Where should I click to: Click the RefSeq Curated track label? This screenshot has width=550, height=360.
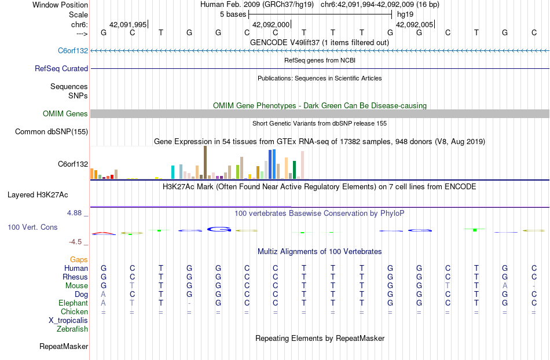pyautogui.click(x=61, y=68)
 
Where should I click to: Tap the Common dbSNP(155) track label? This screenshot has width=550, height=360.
pyautogui.click(x=52, y=132)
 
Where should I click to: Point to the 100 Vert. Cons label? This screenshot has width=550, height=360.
pyautogui.click(x=32, y=227)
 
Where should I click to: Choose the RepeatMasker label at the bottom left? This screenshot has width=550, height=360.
pyautogui.click(x=64, y=347)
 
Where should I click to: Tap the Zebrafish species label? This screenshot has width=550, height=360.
pyautogui.click(x=72, y=329)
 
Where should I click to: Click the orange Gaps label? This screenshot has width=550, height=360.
pyautogui.click(x=79, y=260)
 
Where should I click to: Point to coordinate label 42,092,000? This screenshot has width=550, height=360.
pyautogui.click(x=271, y=25)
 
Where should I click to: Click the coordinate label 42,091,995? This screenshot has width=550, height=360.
pyautogui.click(x=128, y=25)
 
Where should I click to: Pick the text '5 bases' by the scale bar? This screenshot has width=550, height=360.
pyautogui.click(x=233, y=14)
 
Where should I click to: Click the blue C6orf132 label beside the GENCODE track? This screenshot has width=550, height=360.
pyautogui.click(x=73, y=50)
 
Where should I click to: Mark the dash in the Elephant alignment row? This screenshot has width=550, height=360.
pyautogui.click(x=189, y=303)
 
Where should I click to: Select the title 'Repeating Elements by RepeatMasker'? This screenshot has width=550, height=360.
pyautogui.click(x=320, y=338)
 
